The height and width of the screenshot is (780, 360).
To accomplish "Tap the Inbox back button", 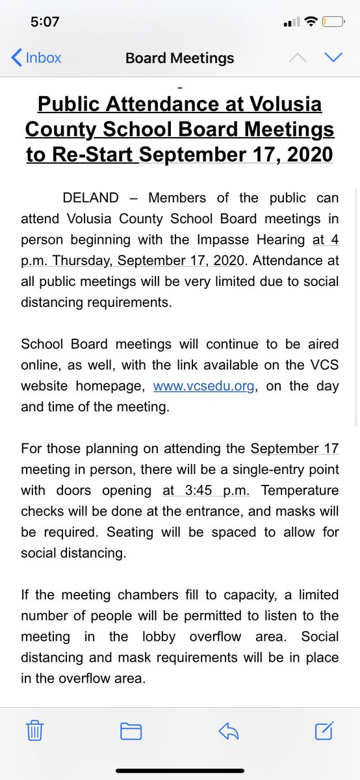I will click(x=36, y=58).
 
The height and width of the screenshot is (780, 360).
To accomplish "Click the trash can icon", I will click(x=35, y=732).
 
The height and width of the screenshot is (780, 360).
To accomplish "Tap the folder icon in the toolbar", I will click(x=131, y=732).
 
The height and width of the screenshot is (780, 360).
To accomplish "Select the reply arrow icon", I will click(x=228, y=732).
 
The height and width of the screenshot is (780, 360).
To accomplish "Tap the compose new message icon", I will click(x=324, y=731).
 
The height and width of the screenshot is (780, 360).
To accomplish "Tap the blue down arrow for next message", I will click(x=333, y=58).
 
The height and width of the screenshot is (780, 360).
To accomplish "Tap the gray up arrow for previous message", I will click(x=297, y=58).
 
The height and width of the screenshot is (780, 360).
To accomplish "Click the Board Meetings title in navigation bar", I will click(x=179, y=58).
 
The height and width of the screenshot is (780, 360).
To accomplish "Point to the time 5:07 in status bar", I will click(x=45, y=22).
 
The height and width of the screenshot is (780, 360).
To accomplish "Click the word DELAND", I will click(x=91, y=198).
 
